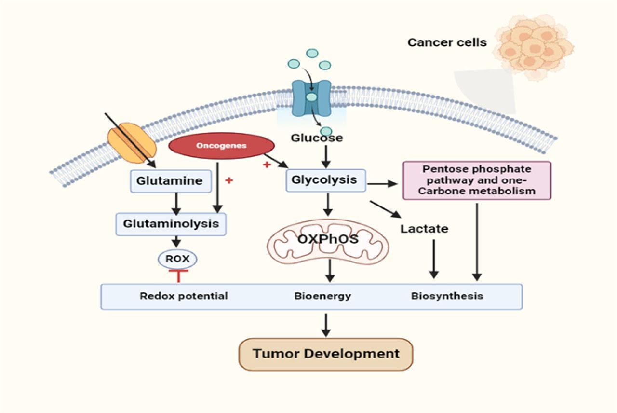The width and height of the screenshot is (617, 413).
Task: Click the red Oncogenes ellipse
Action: (221, 145)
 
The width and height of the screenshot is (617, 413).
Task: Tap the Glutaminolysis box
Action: (171, 224)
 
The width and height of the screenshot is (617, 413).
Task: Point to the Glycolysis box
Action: (326, 180)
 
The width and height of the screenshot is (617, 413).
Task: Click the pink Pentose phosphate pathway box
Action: (476, 180)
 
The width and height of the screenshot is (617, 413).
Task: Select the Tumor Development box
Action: (326, 354)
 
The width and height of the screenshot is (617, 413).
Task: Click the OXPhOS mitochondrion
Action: (328, 239)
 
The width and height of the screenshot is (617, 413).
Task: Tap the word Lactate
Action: (424, 229)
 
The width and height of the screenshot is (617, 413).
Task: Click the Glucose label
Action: (317, 138)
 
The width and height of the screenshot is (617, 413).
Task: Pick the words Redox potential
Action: (184, 296)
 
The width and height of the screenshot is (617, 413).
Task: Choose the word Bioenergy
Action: (322, 296)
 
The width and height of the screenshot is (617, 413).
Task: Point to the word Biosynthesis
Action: (447, 296)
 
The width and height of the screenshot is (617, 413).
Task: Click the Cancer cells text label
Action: (447, 42)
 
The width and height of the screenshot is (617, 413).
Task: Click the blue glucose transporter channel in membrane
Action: (311, 98)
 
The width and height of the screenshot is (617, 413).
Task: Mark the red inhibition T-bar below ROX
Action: (178, 275)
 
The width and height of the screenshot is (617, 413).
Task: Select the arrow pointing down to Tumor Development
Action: (326, 325)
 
